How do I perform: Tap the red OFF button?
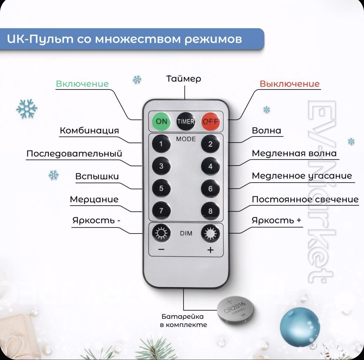tap(210, 121)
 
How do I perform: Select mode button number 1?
tap(161, 144)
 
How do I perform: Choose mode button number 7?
tap(161, 210)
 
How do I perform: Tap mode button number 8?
tap(210, 211)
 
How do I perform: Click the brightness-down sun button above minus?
tap(161, 233)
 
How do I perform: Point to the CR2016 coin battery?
tap(235, 310)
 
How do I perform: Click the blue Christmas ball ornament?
tap(300, 327)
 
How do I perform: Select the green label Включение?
tap(82, 84)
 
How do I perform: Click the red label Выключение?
tap(290, 84)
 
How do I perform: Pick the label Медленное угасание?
tap(302, 176)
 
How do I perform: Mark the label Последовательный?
tap(74, 153)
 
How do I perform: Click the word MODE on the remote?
tap(186, 139)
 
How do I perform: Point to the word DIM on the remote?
tap(186, 233)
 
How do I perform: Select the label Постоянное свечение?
tap(305, 199)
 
